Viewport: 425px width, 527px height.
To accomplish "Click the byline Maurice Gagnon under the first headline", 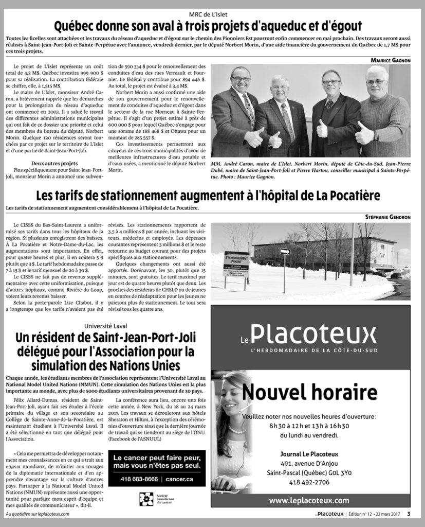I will click(390, 60).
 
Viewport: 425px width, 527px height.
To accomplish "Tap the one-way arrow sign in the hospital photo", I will click(285, 252).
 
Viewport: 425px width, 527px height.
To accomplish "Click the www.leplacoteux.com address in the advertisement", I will click(309, 500).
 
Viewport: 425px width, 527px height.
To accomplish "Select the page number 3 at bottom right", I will click(409, 513).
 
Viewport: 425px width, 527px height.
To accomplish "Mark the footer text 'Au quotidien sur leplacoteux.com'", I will click(38, 514).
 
